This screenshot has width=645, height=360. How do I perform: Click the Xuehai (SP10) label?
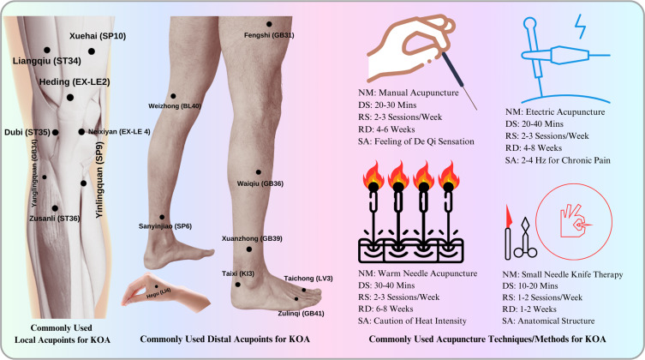coord(95,35)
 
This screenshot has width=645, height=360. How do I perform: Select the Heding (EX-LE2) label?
coord(72,83)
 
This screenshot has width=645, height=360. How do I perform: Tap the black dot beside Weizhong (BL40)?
coord(173,96)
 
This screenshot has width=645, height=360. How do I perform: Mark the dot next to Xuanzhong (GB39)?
coord(249,249)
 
